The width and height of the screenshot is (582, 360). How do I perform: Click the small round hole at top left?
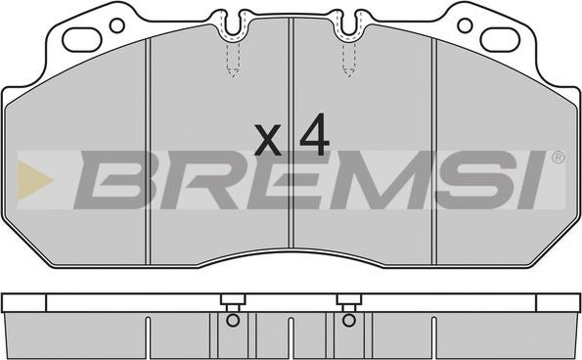[x=117, y=25]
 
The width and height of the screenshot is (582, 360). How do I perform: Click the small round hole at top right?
[x=465, y=25]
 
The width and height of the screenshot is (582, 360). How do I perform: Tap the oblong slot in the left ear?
[x=81, y=40]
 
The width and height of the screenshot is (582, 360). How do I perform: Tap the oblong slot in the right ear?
[x=500, y=40]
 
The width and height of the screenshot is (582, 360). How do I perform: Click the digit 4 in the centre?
[x=315, y=134]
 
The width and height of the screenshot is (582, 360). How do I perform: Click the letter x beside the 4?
[x=268, y=140]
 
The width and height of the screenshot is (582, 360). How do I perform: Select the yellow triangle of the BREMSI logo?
[x=34, y=180]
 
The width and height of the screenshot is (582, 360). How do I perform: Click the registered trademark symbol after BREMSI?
[x=559, y=158]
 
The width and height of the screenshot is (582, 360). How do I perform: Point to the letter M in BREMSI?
[x=379, y=180]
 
